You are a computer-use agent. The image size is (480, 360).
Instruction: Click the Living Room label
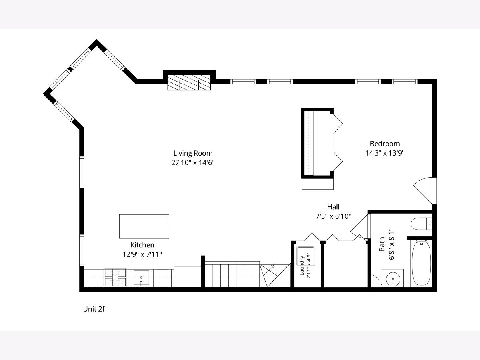[x=193, y=153]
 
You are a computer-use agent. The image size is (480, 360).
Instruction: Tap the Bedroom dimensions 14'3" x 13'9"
[x=385, y=153]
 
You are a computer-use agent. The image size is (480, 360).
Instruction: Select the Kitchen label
[x=142, y=245]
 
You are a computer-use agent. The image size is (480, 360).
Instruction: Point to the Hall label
[x=333, y=207]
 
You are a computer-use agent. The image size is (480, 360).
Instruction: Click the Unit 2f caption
[x=94, y=309]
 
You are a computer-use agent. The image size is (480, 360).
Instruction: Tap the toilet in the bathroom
[x=421, y=224]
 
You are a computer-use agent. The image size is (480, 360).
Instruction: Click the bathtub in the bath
[x=421, y=263]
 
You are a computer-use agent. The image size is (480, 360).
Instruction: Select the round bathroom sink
[x=393, y=280]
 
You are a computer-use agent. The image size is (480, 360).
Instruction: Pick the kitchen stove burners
[x=115, y=277]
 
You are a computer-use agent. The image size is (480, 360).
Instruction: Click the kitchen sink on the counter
[x=141, y=278]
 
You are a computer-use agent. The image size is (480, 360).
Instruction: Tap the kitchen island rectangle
[x=144, y=226]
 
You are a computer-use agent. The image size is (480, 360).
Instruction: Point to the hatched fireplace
[x=189, y=82]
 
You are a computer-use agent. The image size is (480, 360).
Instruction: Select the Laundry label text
[x=302, y=265]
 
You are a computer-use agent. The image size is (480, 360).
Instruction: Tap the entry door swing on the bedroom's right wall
[x=423, y=191]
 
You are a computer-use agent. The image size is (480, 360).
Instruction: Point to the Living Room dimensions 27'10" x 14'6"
[x=193, y=163]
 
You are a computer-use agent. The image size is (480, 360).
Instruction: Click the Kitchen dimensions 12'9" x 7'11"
[x=142, y=254]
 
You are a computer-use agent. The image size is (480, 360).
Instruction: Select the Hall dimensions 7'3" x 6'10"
[x=333, y=216]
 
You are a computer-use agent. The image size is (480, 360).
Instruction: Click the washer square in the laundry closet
[x=306, y=256]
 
